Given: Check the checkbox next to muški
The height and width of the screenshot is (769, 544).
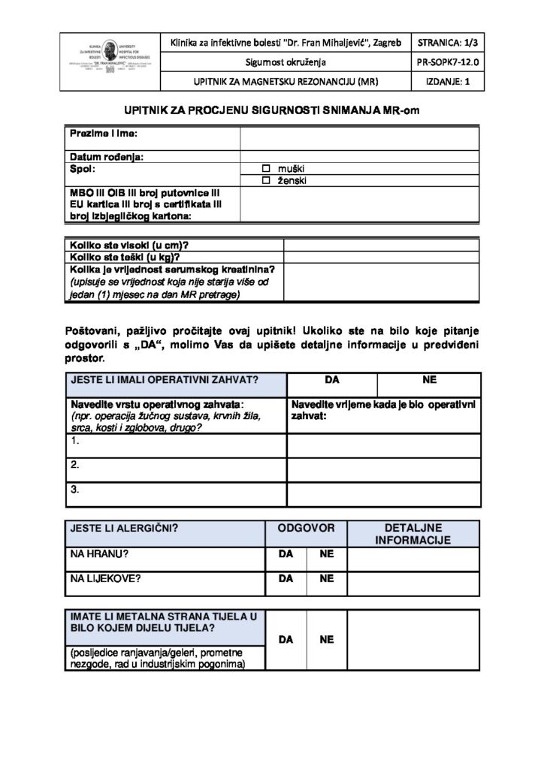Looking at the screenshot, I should point(265,167).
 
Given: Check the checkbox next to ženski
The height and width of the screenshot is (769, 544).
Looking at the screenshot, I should point(265,181).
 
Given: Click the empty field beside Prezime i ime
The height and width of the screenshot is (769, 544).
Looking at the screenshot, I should point(359,138).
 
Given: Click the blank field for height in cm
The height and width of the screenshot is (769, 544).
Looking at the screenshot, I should point(382,245).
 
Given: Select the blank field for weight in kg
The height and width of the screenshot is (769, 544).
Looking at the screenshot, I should point(382,256).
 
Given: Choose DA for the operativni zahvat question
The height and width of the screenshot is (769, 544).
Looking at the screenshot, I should point(333,380).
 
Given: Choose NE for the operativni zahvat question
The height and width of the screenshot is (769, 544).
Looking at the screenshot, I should point(430,380).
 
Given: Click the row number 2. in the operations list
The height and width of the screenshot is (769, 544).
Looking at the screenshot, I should point(75,465).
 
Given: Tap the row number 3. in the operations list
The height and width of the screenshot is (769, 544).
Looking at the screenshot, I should point(75,489).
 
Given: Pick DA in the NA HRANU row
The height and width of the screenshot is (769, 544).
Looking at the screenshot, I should point(286,555).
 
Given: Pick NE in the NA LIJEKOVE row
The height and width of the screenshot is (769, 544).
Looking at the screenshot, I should point(326,579).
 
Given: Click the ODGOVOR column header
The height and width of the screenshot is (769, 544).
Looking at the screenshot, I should point(306,528).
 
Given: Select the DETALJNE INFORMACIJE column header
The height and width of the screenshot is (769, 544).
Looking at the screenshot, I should point(413,534).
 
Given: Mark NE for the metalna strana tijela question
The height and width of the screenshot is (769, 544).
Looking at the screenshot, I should point(326,640).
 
